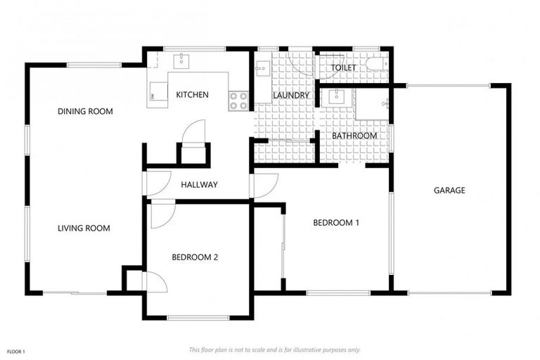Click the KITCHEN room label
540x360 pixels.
click(192, 95)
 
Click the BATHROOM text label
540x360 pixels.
click(354, 136)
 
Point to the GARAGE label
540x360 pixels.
click(449, 191)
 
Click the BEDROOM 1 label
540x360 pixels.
click(336, 223)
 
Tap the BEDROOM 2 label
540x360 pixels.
click(195, 257)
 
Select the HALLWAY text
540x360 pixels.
click(199, 185)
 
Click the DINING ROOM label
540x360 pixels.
click(85, 111)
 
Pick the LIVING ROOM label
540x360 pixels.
click(84, 228)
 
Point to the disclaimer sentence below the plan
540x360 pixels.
click(274, 349)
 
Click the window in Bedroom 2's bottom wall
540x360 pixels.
click(198, 318)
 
